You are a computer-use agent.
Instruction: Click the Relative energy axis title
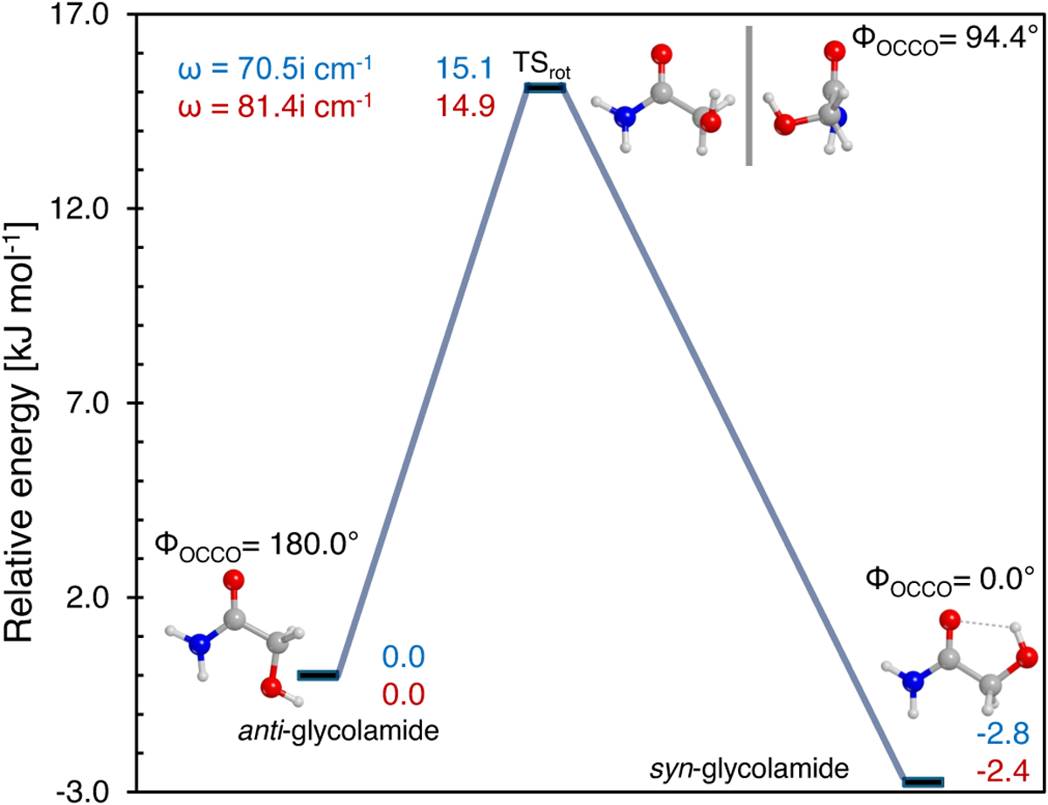[x=23, y=402]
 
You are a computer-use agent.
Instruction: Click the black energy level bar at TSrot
[x=543, y=87]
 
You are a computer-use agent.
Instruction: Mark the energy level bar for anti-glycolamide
[x=318, y=675]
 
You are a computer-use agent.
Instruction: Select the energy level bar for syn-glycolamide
[x=923, y=781]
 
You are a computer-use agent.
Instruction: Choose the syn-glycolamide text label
[x=748, y=769]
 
